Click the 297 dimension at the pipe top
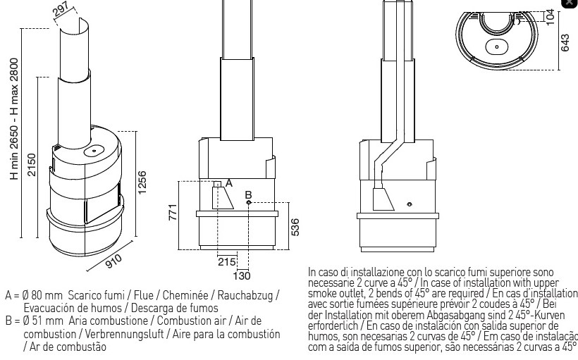point(61,8)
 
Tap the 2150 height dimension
point(32,165)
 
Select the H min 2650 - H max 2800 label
point(14,118)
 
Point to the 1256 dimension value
point(142,182)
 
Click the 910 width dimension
point(113,261)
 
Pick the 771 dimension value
point(173,212)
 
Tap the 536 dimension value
point(295,227)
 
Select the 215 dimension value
point(226,261)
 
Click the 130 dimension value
point(242,275)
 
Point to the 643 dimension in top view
point(565,43)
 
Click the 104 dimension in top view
point(550,17)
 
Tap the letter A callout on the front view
point(229,182)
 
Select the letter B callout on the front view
point(248,194)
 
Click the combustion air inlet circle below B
point(249,202)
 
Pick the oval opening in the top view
point(496,46)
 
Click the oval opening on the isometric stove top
point(94,151)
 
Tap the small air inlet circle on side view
point(409,204)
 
